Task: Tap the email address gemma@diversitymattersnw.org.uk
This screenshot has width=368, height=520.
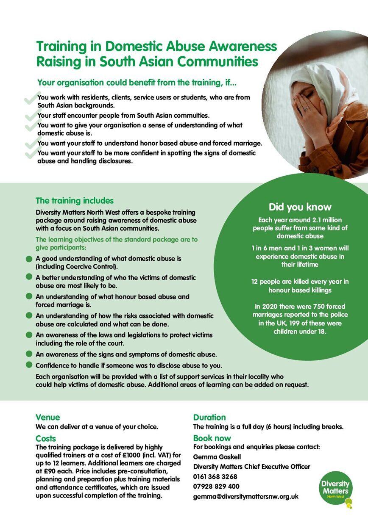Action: pos(246,496)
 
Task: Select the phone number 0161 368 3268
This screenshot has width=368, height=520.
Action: pos(215,476)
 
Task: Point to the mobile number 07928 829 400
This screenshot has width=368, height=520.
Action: pos(216,486)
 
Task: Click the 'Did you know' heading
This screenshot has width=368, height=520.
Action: pos(300,207)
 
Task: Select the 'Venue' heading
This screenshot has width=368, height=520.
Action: pos(48,417)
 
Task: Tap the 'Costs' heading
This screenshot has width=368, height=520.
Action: pos(46,438)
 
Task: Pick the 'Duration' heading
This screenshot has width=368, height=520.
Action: pos(209,417)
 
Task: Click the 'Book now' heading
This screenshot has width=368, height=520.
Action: pos(212,438)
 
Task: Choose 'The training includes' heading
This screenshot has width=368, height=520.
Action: pos(75,200)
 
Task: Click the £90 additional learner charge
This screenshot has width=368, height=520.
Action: pos(50,470)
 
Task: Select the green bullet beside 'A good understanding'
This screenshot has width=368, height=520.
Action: pos(29,258)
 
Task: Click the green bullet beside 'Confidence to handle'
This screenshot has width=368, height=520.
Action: pos(29,365)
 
